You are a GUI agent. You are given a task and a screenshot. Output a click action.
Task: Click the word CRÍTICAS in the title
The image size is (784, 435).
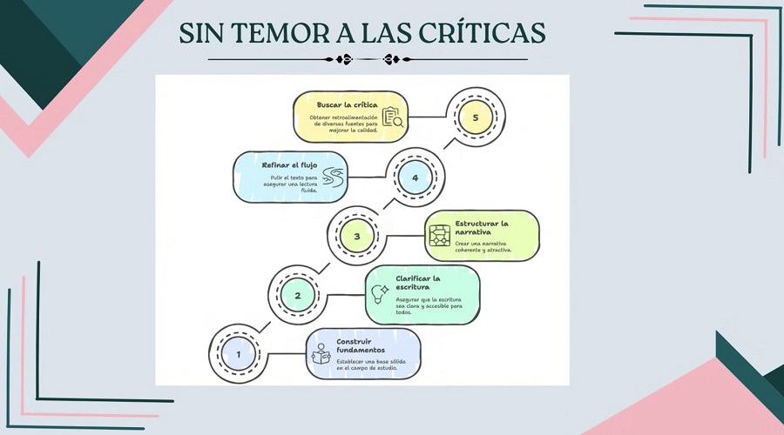[482, 33]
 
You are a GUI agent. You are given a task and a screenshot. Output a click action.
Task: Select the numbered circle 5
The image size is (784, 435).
[475, 117]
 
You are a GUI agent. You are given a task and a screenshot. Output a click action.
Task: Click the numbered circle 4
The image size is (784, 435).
[415, 177]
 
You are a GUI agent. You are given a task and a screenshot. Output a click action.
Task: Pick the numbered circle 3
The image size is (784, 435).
[356, 236]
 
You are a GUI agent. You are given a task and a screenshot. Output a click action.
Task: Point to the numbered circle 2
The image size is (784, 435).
[298, 295]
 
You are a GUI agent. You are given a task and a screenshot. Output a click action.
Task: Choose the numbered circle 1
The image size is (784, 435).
[239, 354]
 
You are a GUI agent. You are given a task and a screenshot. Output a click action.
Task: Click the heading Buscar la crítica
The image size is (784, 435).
[348, 105]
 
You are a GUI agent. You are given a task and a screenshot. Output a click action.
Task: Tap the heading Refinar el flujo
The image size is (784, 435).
[289, 165]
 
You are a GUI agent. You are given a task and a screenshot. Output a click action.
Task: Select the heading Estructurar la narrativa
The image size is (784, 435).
[481, 228]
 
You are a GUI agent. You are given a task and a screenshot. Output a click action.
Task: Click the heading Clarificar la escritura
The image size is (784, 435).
[418, 283]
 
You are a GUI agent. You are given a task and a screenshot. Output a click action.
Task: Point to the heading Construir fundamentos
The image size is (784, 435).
[361, 345]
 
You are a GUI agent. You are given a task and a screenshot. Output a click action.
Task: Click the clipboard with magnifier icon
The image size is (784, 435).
[393, 117]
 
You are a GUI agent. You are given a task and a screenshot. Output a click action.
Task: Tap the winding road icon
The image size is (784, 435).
[333, 177]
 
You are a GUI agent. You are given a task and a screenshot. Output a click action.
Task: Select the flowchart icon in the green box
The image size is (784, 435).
[440, 236]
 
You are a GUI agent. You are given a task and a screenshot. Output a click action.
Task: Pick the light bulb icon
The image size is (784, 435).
[380, 294]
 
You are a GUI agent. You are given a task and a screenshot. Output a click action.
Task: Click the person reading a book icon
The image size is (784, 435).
[321, 353]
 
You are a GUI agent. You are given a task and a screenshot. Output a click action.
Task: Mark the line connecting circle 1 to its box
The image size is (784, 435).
[287, 354]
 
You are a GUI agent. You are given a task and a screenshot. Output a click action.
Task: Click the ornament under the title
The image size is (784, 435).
[368, 59]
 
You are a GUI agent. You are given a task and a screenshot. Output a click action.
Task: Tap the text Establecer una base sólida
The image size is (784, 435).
[371, 361]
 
